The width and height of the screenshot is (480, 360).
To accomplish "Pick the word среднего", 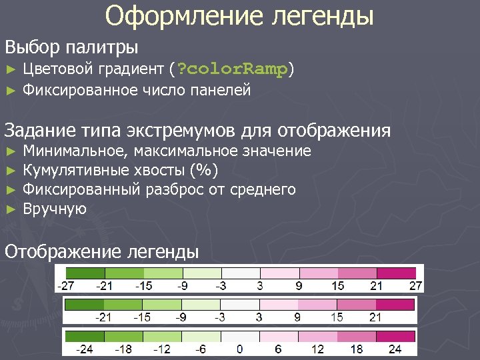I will pyautogui.click(x=262, y=189).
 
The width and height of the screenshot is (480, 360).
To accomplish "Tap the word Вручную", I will pyautogui.click(x=55, y=209).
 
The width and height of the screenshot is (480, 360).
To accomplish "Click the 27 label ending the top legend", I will pyautogui.click(x=415, y=286).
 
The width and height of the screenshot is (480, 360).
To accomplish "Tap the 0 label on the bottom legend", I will pyautogui.click(x=239, y=349).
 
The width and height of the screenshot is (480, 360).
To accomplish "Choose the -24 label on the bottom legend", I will pyautogui.click(x=84, y=349).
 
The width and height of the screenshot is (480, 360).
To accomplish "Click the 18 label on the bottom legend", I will pyautogui.click(x=356, y=349).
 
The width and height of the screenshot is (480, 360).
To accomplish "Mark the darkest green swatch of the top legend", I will pyautogui.click(x=85, y=273).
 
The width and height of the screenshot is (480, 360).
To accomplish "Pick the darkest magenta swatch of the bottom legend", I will pyautogui.click(x=396, y=335).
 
